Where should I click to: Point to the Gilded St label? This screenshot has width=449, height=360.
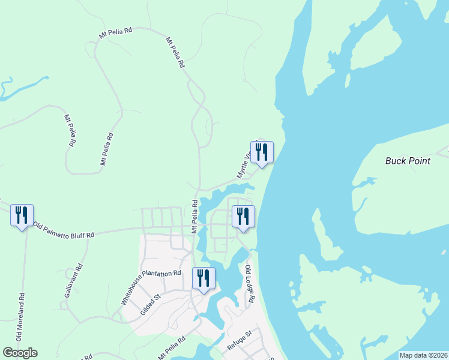click(152, 304)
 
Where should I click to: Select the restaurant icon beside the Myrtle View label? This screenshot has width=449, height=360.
click(262, 152)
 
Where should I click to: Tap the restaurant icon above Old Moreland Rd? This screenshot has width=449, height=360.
click(22, 215)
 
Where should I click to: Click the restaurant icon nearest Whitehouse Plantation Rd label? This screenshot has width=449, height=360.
click(203, 278)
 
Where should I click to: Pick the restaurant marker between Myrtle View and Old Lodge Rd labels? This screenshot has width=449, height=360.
click(243, 217)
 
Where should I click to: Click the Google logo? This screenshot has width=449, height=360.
click(20, 353)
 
